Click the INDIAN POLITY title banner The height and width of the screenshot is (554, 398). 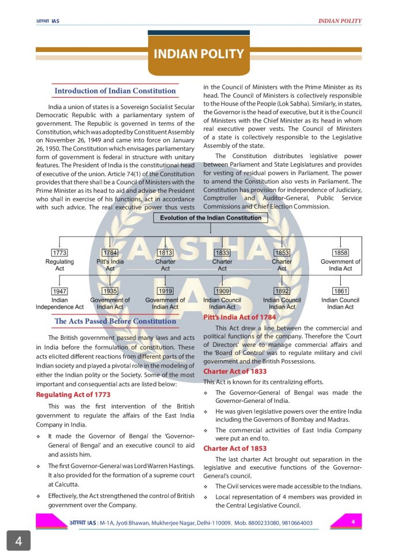tap(198, 54)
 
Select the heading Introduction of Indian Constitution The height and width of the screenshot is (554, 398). tap(115, 91)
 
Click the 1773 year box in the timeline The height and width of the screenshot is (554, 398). tap(59, 253)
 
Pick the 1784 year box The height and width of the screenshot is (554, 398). tap(110, 253)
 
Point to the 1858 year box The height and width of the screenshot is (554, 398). tap(340, 253)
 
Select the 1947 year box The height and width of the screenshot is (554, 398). tap(59, 291)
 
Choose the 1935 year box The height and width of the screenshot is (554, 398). tap(110, 291)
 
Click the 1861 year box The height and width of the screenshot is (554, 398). tap(340, 291)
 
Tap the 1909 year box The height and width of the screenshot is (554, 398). tap(222, 291)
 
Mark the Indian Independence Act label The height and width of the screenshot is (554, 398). tap(59, 304)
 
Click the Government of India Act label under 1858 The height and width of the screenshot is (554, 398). tap(340, 265)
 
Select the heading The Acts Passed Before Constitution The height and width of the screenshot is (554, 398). tap(115, 321)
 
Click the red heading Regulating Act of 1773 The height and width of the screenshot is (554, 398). tap(73, 395)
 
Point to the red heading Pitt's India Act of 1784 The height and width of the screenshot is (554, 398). tap(239, 317)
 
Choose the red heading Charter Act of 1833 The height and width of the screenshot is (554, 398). tap(235, 372)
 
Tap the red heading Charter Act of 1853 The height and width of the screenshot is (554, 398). tap(235, 448)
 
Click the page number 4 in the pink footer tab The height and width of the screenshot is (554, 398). tap(352, 522)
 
